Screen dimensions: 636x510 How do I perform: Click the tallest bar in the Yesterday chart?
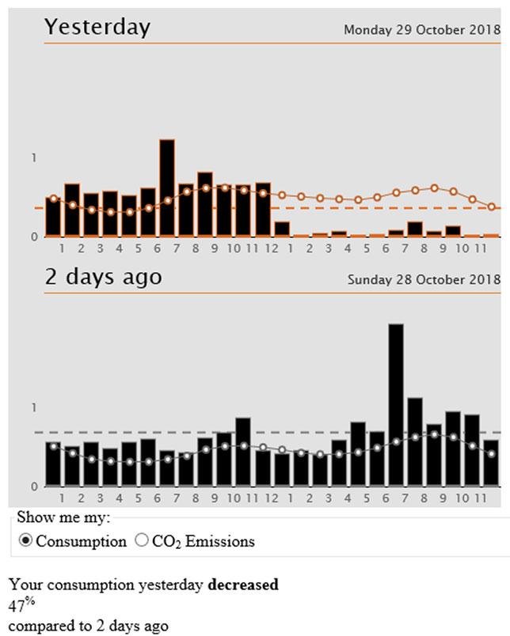pos(167,188)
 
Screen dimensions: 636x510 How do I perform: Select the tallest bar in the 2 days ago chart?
pos(395,403)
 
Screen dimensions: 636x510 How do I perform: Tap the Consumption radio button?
pos(26,541)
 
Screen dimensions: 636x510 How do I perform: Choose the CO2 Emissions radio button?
pos(143,541)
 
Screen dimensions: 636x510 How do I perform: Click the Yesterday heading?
pos(97,26)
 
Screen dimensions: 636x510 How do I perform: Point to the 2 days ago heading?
pos(103,277)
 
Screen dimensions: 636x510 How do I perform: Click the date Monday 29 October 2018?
pos(421,30)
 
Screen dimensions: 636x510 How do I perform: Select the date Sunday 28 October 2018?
pos(424,279)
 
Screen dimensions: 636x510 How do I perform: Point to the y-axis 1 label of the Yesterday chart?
pos(34,158)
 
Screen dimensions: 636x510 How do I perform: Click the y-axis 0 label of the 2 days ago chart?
pos(34,486)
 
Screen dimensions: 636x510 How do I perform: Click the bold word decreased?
pos(243,585)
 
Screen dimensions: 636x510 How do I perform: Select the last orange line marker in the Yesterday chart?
pos(492,207)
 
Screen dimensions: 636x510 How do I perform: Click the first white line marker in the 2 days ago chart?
pos(53,447)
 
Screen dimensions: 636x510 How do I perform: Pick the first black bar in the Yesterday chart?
pos(53,216)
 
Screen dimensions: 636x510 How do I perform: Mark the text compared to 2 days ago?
pos(89,626)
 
